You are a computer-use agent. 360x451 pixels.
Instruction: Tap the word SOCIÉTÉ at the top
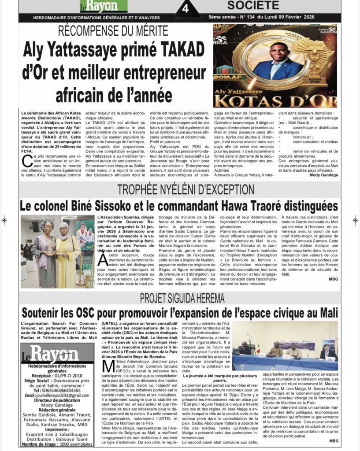tap(253, 5)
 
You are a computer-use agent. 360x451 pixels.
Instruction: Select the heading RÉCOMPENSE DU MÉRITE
tap(114, 31)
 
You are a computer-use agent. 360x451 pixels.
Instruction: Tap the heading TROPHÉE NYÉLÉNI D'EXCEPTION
tap(185, 190)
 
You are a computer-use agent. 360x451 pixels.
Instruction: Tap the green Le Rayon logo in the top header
tap(103, 6)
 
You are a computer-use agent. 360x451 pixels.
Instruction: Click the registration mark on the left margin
tap(4, 220)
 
